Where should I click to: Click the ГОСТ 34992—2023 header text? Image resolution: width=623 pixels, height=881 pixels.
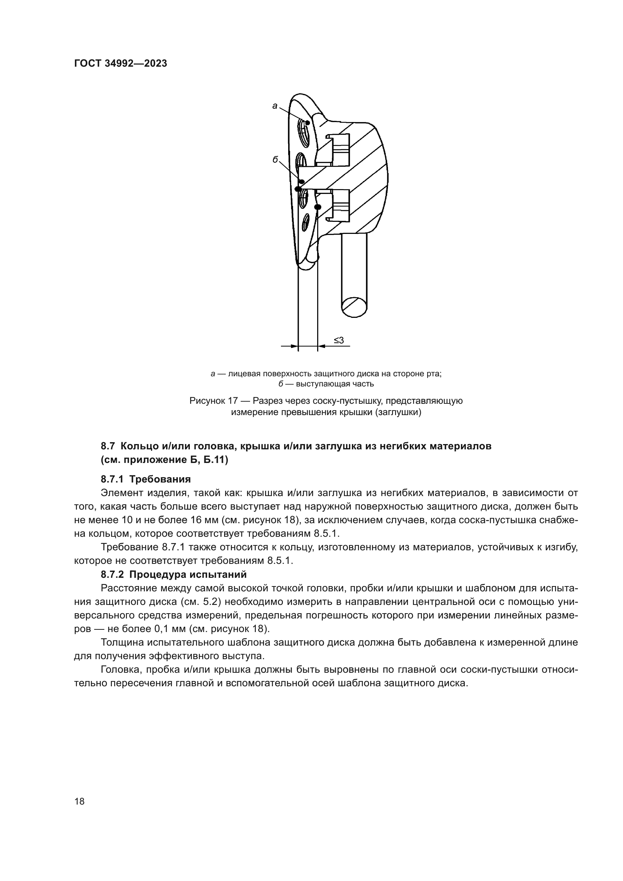tap(121, 64)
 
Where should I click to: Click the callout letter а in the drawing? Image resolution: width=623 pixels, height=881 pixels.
tap(275, 106)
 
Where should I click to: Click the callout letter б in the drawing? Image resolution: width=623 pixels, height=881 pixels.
tap(275, 160)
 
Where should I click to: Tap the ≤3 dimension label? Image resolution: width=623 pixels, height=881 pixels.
tap(338, 340)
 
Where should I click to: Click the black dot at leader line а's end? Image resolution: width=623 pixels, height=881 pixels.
tap(307, 122)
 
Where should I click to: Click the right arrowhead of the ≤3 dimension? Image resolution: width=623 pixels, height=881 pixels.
tap(321, 346)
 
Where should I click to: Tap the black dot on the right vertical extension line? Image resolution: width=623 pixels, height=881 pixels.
tap(317, 207)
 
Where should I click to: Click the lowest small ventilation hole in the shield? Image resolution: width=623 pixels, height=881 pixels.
tap(305, 223)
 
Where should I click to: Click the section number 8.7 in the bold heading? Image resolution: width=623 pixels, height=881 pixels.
tap(108, 446)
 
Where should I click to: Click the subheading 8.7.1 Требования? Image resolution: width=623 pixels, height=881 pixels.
tap(146, 479)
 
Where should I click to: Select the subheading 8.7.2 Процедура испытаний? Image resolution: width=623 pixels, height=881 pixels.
tap(173, 575)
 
